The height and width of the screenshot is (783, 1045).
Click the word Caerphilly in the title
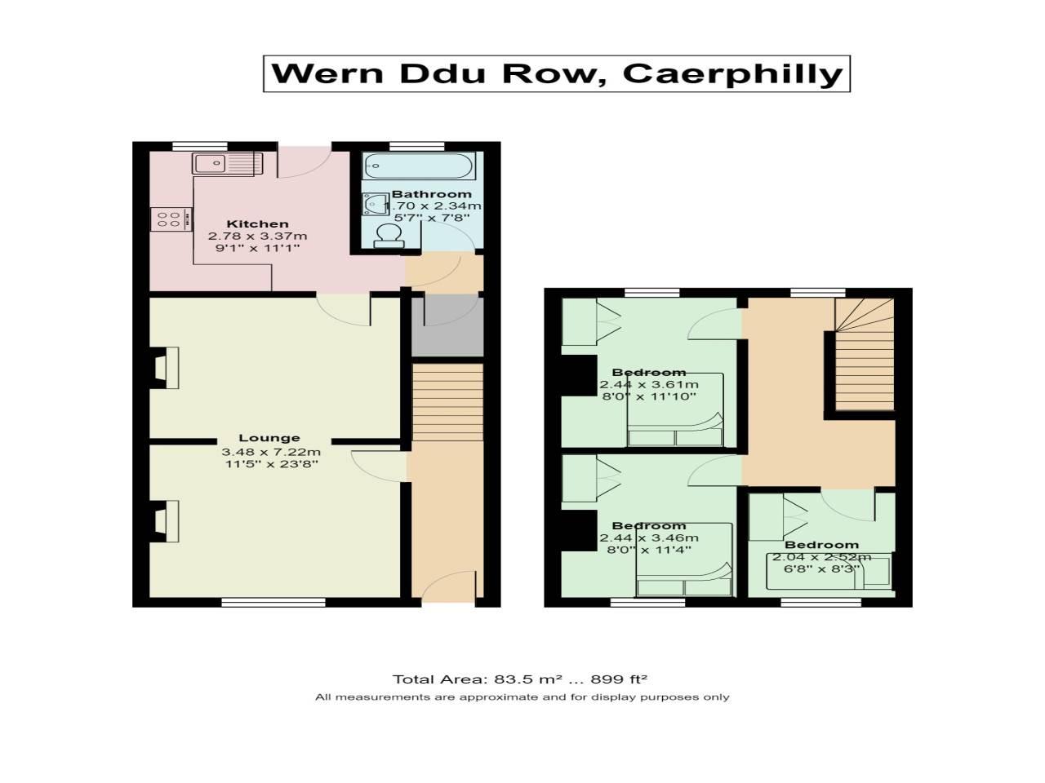point(731,73)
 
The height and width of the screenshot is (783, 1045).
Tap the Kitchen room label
point(257,224)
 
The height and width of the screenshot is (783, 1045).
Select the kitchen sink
point(219,164)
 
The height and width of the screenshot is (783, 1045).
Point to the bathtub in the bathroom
point(418,166)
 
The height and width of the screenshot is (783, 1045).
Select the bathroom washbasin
point(376,203)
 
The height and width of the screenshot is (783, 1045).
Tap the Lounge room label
point(269,438)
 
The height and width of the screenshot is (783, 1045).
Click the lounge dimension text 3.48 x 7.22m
point(270,452)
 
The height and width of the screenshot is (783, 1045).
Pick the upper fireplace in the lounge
point(167,368)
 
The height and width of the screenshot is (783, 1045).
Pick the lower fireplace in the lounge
point(167,521)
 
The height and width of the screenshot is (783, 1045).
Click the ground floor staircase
point(447,401)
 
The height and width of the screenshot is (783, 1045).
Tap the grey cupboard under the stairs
point(447,326)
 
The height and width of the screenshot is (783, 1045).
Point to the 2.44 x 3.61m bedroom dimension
point(649,385)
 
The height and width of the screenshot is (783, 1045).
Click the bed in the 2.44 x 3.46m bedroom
point(684,563)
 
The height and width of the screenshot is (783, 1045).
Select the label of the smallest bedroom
point(821,545)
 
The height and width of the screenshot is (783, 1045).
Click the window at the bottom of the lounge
point(273,603)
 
